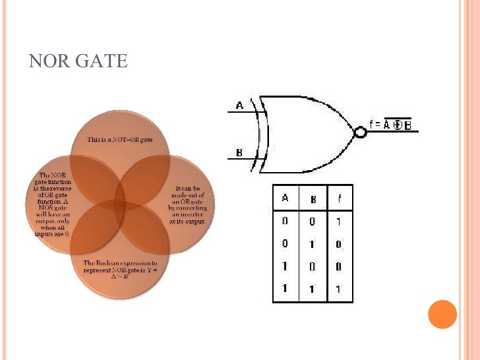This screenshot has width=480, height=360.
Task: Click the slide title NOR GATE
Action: click(x=78, y=61)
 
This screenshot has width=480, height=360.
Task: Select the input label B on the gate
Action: click(x=239, y=152)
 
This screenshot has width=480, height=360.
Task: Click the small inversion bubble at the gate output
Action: click(x=360, y=132)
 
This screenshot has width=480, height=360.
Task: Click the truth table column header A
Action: click(x=285, y=197)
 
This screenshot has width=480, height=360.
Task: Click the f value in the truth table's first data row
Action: click(x=339, y=222)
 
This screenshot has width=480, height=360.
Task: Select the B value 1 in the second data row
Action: click(x=313, y=243)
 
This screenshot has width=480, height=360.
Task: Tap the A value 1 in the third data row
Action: click(x=285, y=266)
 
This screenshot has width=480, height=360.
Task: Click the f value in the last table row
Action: click(x=339, y=288)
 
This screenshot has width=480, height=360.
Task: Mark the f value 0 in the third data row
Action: click(x=339, y=266)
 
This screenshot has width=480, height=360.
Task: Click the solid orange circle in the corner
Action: click(x=442, y=314)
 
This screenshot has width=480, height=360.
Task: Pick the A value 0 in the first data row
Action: click(x=285, y=222)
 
